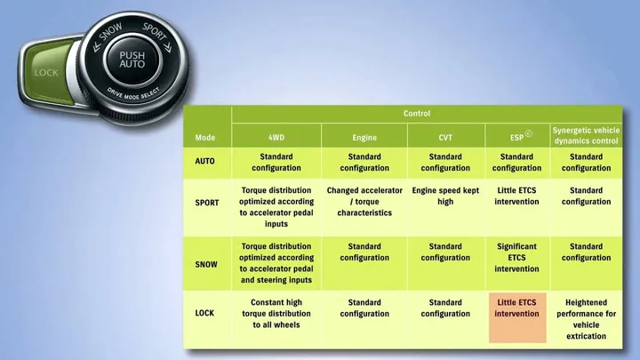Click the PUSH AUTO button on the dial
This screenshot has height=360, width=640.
point(132,60)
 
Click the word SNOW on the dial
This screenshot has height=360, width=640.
point(110,32)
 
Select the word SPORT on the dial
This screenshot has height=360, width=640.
point(154,31)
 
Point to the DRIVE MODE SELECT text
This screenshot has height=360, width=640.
point(133,94)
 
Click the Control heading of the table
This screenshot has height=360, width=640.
point(417,114)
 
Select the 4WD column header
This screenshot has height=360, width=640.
point(276,138)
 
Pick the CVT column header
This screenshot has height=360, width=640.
point(445,138)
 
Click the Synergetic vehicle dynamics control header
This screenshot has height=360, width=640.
point(586,135)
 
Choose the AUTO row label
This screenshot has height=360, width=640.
point(205,161)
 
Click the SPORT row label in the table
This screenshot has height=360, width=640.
point(207,203)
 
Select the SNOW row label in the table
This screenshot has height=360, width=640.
point(206,265)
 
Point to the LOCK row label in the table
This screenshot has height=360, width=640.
point(204,313)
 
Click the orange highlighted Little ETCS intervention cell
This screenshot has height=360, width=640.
point(517,317)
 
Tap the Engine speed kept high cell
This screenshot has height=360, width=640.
point(445,196)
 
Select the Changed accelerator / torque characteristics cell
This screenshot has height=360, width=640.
point(364,202)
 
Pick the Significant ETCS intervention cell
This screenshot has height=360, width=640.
point(516,258)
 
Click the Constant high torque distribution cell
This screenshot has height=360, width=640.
point(276,314)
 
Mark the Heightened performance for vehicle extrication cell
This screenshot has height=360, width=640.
point(586,319)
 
